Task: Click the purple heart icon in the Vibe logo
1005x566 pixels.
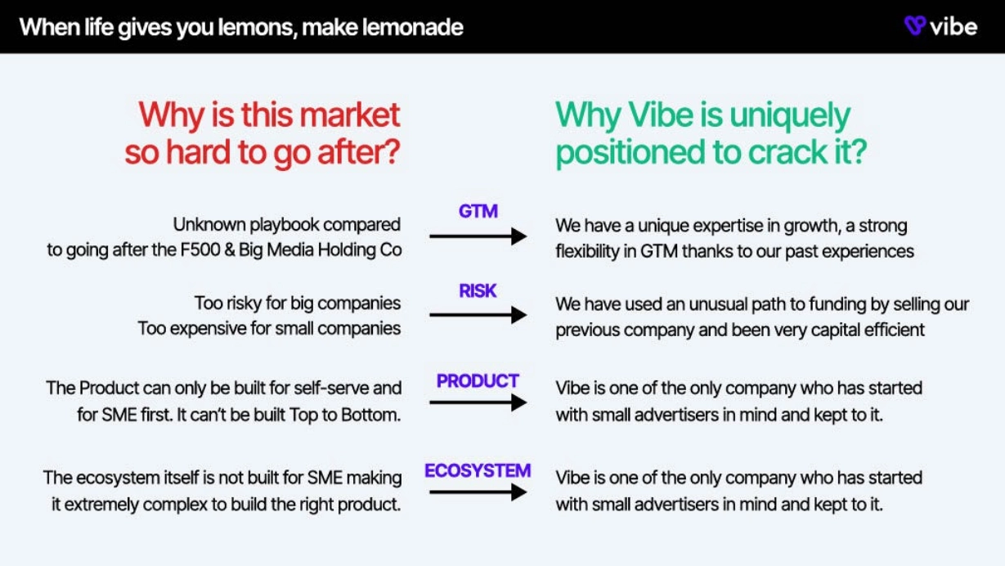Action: pos(915,25)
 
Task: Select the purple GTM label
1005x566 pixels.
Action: pos(478,211)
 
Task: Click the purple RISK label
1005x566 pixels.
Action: pos(478,291)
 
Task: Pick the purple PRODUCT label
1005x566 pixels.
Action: pos(478,381)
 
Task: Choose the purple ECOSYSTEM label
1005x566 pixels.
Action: pos(478,471)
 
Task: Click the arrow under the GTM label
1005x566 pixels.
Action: pos(478,236)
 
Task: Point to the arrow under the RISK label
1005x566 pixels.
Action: pos(478,315)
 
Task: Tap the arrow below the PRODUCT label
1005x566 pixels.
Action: pos(478,402)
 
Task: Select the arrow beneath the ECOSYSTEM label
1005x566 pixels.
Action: pos(478,492)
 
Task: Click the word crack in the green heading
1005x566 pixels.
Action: pos(787,152)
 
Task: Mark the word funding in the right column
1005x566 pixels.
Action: pos(834,305)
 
